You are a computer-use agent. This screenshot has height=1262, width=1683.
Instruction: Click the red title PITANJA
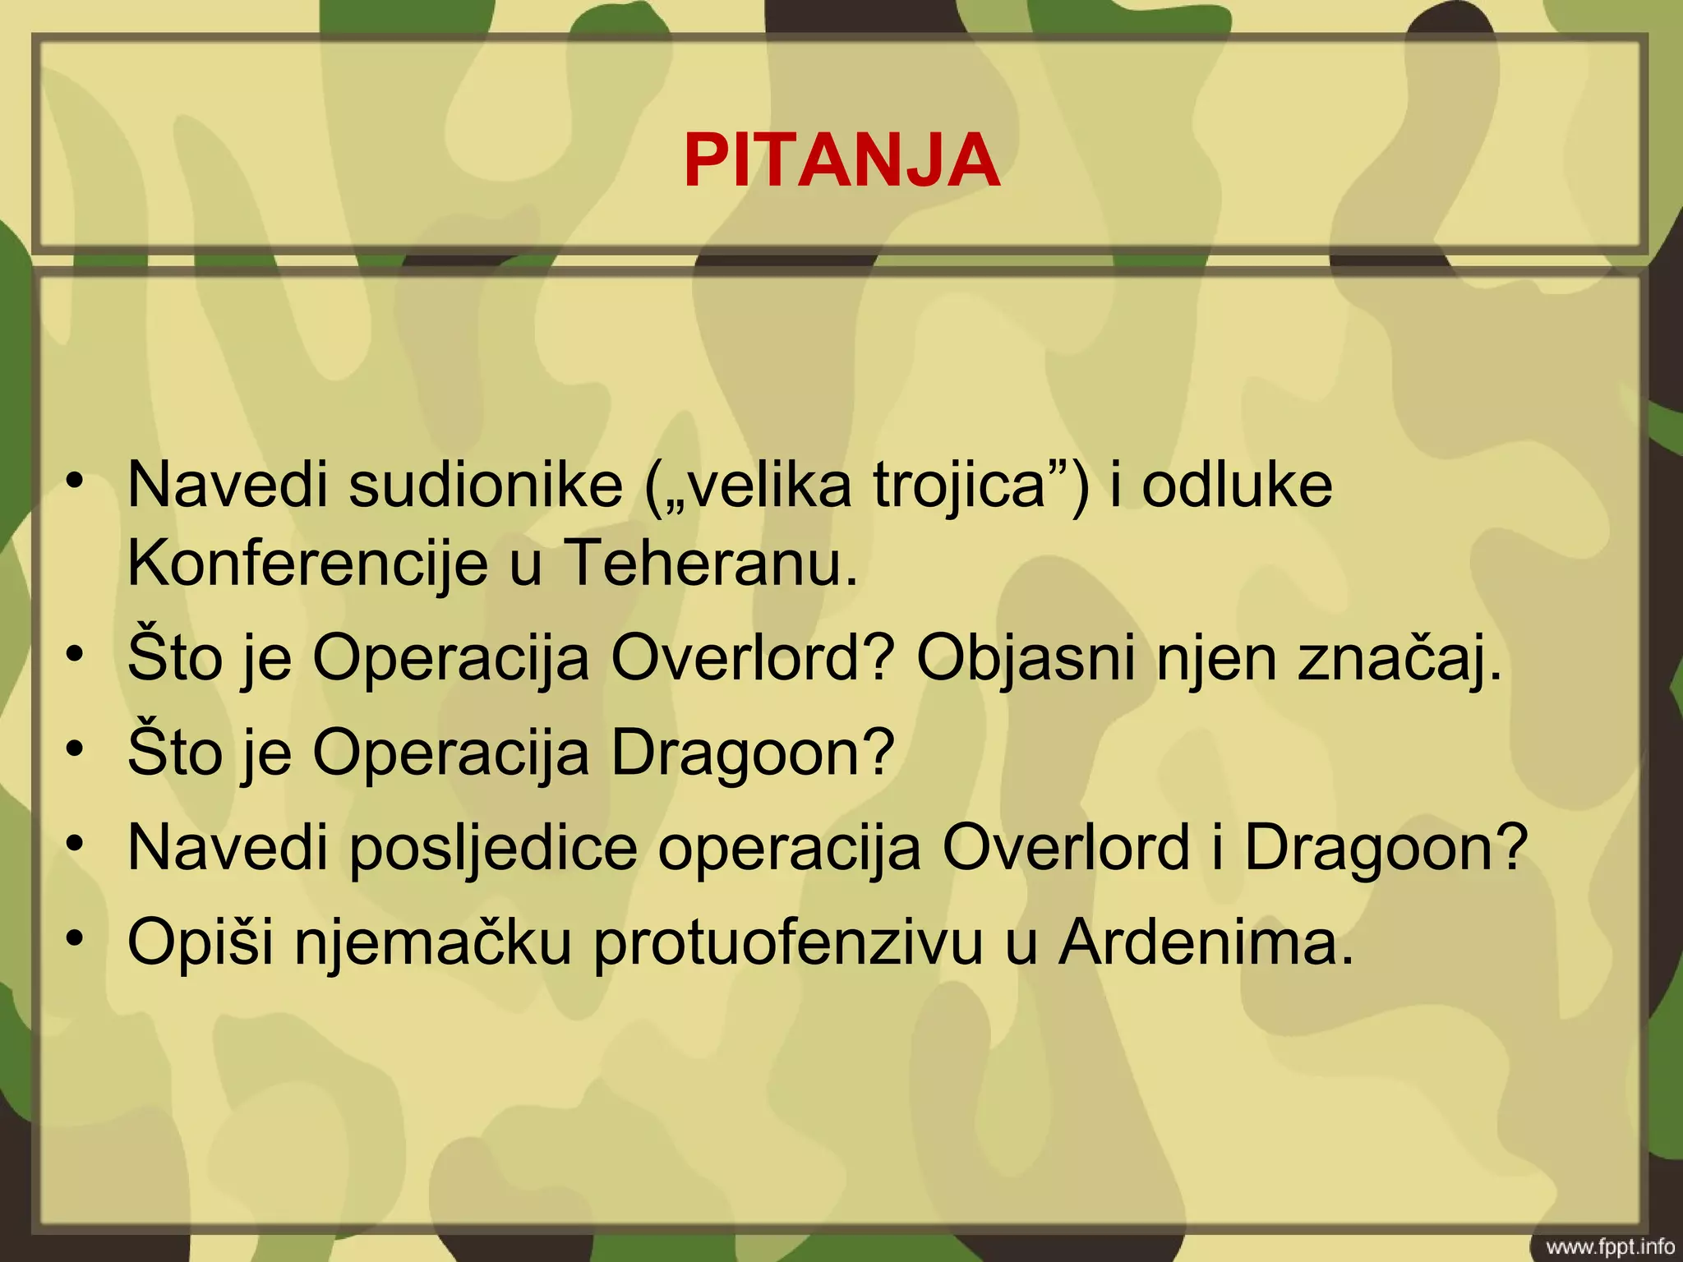click(841, 161)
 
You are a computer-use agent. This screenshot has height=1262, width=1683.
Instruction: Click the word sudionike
click(485, 486)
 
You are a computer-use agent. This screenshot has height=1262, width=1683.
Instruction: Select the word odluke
click(1237, 486)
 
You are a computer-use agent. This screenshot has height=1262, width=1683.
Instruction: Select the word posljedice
click(493, 848)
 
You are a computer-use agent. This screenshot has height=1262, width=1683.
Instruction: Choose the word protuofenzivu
click(788, 943)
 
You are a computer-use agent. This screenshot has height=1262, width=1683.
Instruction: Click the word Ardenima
click(1205, 943)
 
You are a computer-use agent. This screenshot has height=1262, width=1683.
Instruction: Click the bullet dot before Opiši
click(76, 938)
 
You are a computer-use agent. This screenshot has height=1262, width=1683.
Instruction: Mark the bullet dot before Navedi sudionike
click(76, 481)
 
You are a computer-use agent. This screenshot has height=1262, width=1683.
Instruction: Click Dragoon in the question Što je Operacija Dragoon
click(752, 753)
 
